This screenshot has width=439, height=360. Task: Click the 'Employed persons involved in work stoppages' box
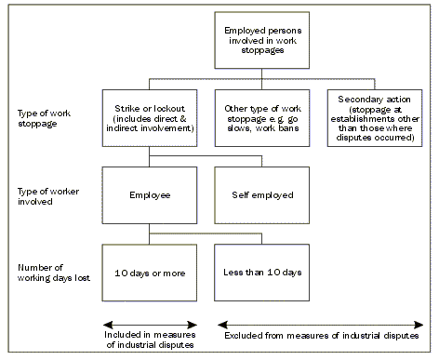pos(261,40)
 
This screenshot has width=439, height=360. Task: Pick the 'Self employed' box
pos(261,195)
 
